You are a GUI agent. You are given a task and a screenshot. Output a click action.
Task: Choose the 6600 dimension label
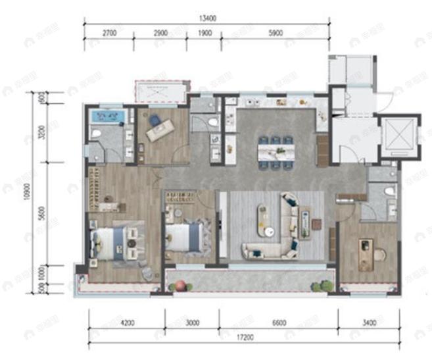278,323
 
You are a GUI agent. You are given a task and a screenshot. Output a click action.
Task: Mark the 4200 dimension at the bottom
127,323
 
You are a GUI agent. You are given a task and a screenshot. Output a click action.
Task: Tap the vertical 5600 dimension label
41,214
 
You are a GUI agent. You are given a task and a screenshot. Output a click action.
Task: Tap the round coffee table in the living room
270,230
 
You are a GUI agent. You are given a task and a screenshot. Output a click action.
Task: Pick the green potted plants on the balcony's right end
322,286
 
